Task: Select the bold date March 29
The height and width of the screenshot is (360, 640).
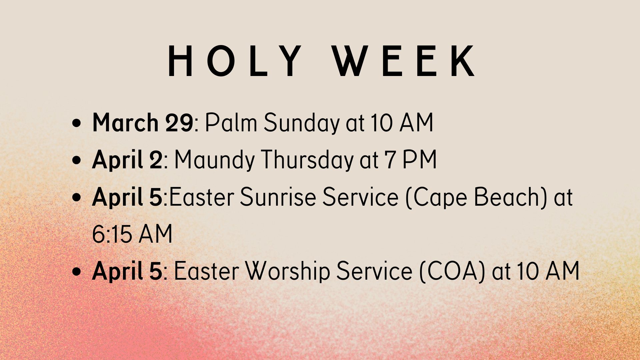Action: coord(143,123)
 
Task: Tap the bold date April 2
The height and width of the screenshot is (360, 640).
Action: coord(127,160)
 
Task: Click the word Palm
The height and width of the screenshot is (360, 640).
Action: coord(231,123)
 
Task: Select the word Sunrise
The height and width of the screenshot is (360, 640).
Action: coord(278,197)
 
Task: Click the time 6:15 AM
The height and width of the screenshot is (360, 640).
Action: coord(132,234)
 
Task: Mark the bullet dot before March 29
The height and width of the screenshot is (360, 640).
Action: coord(77,123)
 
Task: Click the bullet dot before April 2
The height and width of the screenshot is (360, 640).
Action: coord(77,160)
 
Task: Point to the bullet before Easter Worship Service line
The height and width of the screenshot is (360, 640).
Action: coord(77,271)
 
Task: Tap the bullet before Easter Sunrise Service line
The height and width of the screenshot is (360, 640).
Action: coord(77,197)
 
